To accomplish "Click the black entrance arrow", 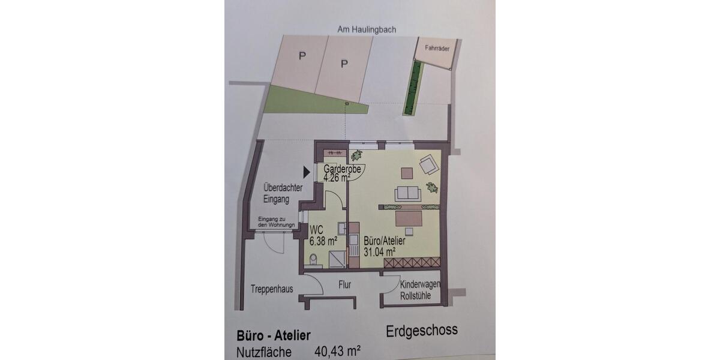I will (x=307, y=172).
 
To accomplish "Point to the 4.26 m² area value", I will (x=337, y=178).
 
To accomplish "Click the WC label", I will (x=316, y=229).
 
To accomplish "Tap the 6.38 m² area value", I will (x=323, y=241).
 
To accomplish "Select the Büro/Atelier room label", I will (x=385, y=241).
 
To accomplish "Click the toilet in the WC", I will (x=313, y=259).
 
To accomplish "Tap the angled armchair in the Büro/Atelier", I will (x=429, y=164).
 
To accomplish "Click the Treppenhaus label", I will (x=272, y=289).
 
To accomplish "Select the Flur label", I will (x=344, y=285).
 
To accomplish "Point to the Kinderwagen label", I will (x=420, y=284).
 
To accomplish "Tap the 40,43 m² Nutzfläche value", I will (x=337, y=352).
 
